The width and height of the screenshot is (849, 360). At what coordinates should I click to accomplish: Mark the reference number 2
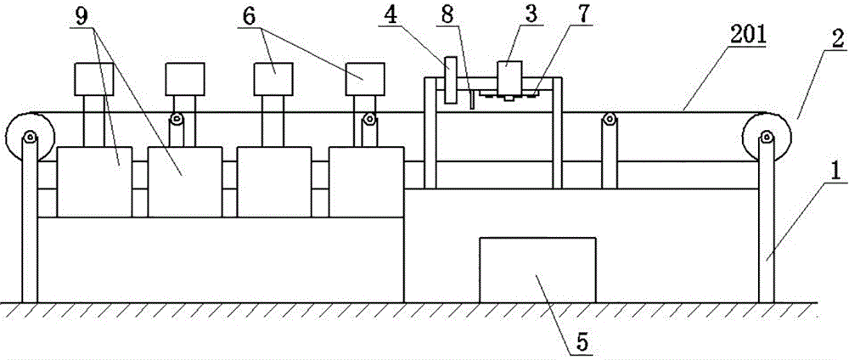coord(835,37)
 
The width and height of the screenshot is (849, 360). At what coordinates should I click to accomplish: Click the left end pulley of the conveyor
coord(29,136)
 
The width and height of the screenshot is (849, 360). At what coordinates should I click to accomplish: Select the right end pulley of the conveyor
coord(766,136)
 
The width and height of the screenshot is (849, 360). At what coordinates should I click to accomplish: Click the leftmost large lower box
coord(94,181)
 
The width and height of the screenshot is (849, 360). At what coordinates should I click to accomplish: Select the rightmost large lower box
coord(367,181)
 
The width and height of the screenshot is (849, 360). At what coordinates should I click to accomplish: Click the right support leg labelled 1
coord(767,229)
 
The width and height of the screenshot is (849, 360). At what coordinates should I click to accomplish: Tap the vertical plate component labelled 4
coord(449,80)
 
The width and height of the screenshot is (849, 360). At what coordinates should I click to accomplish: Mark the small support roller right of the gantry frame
coord(609,121)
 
